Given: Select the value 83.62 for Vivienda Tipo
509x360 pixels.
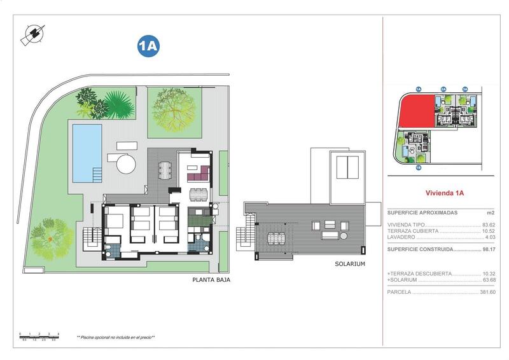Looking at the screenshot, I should tap(489, 225).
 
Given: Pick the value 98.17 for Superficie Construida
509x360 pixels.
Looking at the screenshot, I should tap(489, 250).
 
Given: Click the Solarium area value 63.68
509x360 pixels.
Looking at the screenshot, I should tap(489, 279).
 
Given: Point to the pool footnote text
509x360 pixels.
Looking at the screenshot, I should tap(116, 337).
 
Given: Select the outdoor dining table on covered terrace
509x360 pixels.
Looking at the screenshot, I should tap(165, 170).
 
